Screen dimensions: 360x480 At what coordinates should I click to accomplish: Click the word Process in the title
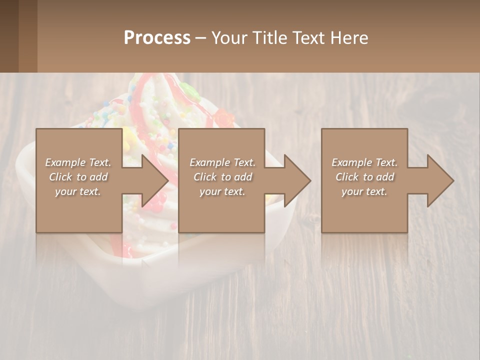coord(157,38)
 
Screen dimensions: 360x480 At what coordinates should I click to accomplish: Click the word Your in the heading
coord(230,38)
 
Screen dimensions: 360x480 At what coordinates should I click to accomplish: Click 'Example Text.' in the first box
coord(78,162)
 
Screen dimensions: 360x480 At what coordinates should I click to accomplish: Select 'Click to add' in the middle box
coord(222,177)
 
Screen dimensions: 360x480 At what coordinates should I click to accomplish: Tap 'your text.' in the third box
coord(364,191)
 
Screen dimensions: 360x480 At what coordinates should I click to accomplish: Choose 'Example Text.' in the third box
coord(364,162)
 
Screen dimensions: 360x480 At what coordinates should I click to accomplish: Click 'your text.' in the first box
coord(78,191)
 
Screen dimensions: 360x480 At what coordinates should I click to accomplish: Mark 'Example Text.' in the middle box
coord(222,162)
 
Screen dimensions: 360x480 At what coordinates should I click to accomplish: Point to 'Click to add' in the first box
coord(78,177)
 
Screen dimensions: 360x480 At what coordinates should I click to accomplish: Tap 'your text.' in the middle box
coord(222,191)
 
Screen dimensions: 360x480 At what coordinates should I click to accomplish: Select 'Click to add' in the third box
coord(364,177)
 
